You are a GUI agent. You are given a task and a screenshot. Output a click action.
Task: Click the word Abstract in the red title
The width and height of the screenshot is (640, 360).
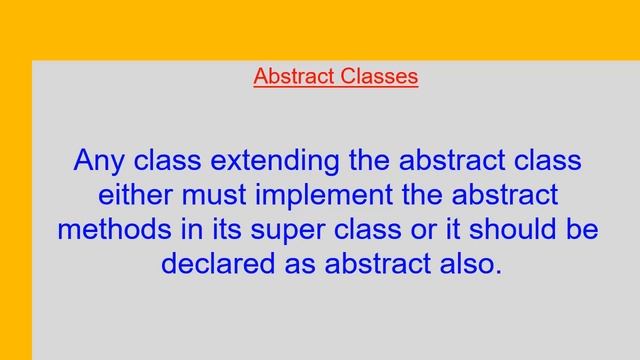[x=290, y=77]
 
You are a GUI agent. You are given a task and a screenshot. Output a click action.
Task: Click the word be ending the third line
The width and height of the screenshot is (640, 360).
[x=580, y=229]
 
